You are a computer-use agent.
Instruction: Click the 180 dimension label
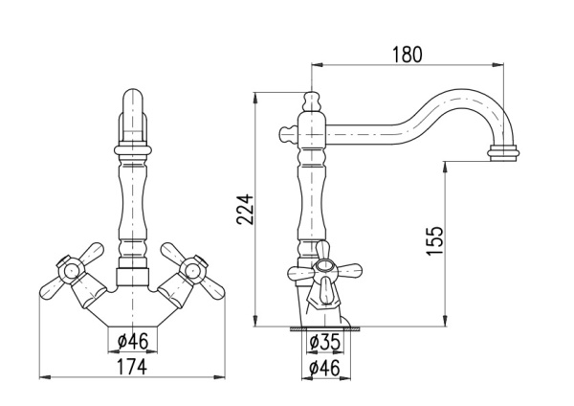tap(408, 55)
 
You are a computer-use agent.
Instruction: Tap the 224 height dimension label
tap(245, 210)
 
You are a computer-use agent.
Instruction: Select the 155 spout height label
tap(435, 240)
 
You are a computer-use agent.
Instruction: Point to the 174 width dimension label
tap(132, 367)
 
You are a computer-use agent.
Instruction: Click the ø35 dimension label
tap(324, 342)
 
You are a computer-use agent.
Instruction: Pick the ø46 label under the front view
tap(133, 342)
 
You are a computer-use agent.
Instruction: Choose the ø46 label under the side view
tap(324, 368)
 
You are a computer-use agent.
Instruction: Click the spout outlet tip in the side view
tap(503, 153)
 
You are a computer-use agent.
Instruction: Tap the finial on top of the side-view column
tap(311, 101)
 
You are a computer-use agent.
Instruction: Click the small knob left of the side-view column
tap(288, 134)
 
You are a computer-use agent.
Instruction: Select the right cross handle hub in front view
tap(192, 270)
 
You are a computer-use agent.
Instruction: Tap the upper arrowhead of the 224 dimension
tap(255, 96)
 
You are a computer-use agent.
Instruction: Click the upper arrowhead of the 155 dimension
tap(445, 166)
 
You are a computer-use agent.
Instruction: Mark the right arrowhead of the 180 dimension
tap(499, 65)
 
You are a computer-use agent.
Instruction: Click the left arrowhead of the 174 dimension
tap(44, 377)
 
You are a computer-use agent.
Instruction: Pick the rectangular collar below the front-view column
tap(133, 278)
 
